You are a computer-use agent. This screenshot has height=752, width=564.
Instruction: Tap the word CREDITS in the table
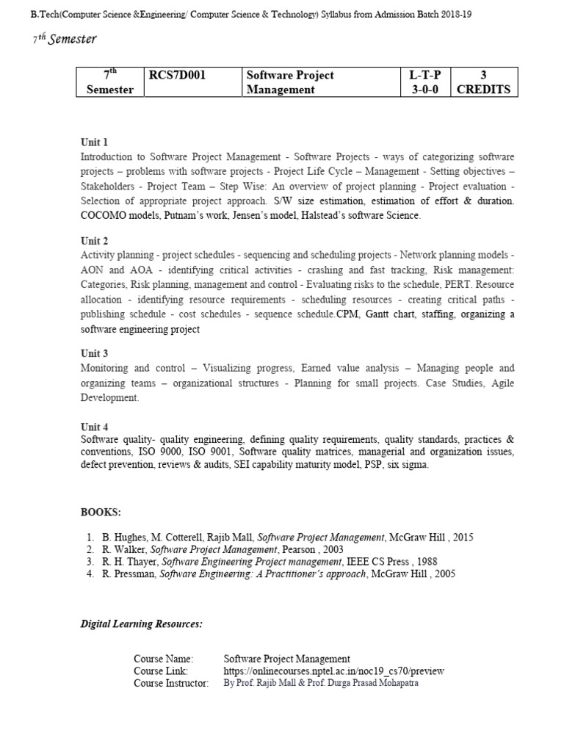click(482, 90)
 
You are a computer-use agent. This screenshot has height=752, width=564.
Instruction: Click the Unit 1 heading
click(94, 142)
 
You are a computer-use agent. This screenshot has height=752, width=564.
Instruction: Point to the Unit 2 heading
click(94, 240)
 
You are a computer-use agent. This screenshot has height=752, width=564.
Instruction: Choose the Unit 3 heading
click(94, 353)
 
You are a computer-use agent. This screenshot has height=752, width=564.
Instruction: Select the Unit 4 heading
click(94, 427)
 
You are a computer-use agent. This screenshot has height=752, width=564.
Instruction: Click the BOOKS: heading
click(101, 511)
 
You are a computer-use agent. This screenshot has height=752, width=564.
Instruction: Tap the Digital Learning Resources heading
click(141, 624)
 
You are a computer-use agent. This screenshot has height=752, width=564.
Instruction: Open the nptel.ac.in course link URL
click(333, 670)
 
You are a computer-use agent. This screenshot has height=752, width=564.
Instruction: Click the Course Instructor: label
click(171, 683)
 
